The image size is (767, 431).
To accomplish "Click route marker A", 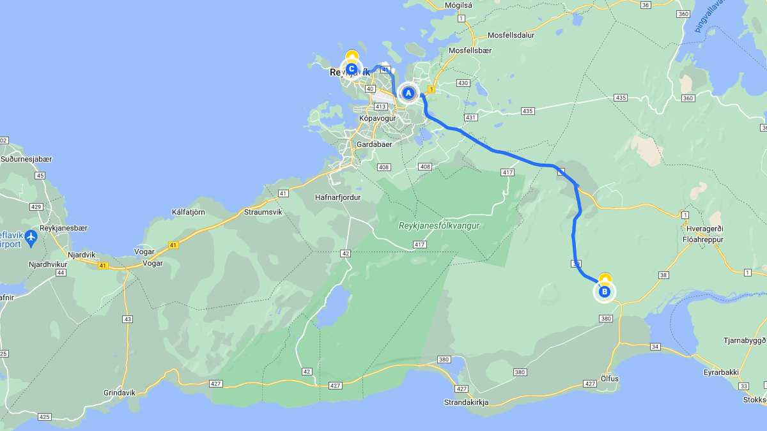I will coord(408,93).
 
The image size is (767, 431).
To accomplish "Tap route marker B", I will coord(605,292).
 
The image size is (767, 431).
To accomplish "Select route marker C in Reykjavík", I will coord(351,69).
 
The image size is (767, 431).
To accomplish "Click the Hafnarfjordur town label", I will coord(338,197).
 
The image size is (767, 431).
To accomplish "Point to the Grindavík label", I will coord(120,393).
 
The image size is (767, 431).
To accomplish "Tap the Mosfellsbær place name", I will coord(471,50).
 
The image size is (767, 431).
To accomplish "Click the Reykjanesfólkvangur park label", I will coord(438,226).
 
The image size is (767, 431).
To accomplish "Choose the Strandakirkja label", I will coord(467,402).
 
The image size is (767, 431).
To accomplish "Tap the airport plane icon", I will coord(31,238).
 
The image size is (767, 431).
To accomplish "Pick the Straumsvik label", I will coord(263,211).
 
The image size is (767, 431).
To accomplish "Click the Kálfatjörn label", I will coord(189,211).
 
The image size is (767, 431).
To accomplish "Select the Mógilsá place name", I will coord(458,5).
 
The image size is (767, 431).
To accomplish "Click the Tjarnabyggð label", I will coord(744,340).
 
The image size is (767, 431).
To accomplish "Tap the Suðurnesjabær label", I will coord(26,159).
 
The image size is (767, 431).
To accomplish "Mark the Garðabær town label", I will coord(375,144).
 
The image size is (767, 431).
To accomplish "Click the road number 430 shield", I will coord(463,83).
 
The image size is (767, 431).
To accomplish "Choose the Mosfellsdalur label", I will coord(511,35).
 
